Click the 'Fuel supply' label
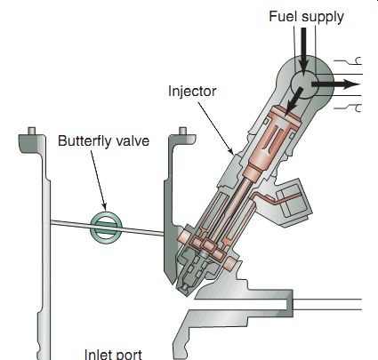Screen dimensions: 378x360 (x=306, y=17)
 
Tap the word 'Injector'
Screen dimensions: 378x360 (x=192, y=92)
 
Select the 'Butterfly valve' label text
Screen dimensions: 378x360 (x=103, y=140)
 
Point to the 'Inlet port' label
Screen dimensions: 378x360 (x=113, y=355)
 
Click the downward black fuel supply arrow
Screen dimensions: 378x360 (x=303, y=50)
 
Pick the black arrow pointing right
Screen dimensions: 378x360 (x=335, y=84)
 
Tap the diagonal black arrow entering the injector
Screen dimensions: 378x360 (x=294, y=100)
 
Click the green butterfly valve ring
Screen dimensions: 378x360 (x=106, y=228)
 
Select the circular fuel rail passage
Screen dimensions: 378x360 (x=304, y=84)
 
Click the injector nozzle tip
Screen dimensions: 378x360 (x=184, y=289)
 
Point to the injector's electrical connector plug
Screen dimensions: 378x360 (x=294, y=203)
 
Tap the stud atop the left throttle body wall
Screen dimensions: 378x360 (x=31, y=131)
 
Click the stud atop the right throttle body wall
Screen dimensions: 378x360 (x=183, y=131)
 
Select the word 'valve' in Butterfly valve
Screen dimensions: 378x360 (x=133, y=140)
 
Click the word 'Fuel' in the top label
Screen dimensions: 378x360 (x=282, y=16)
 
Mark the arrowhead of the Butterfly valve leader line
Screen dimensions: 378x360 (x=104, y=206)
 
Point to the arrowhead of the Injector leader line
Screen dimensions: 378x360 (x=231, y=151)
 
